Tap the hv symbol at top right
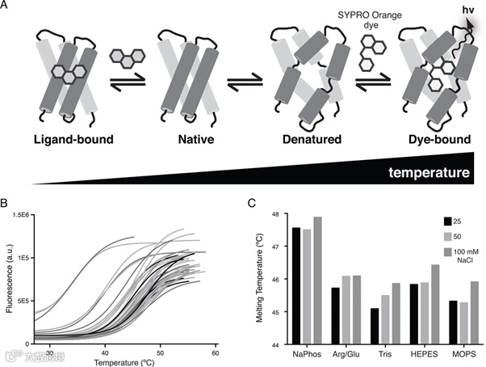(468, 11)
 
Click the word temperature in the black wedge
(429, 172)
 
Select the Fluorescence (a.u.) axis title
(9, 275)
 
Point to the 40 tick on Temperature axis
(106, 353)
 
